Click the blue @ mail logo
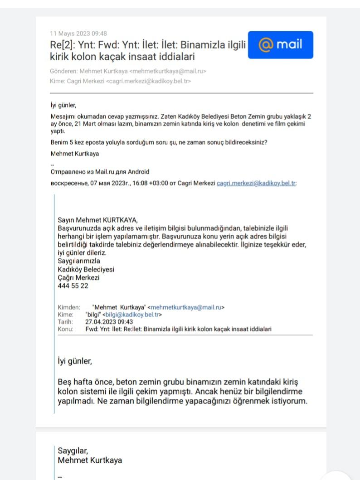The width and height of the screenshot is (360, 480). click(x=280, y=45)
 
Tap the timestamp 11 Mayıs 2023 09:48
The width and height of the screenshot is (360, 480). click(x=78, y=34)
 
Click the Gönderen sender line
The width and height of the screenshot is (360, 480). click(x=128, y=71)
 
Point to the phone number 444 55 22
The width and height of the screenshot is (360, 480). click(x=73, y=286)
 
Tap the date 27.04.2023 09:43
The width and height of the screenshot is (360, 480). click(x=109, y=322)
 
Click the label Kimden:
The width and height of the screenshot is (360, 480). click(x=69, y=307)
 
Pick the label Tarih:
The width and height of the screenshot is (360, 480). click(x=66, y=322)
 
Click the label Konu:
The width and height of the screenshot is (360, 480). click(x=66, y=329)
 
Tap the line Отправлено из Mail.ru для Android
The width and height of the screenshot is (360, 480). click(x=100, y=172)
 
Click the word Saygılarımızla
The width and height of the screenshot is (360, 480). click(x=79, y=261)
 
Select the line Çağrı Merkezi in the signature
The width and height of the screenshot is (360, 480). click(x=78, y=278)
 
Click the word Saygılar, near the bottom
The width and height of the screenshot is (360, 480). click(x=73, y=451)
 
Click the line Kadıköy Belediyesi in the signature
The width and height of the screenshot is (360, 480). click(x=86, y=269)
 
